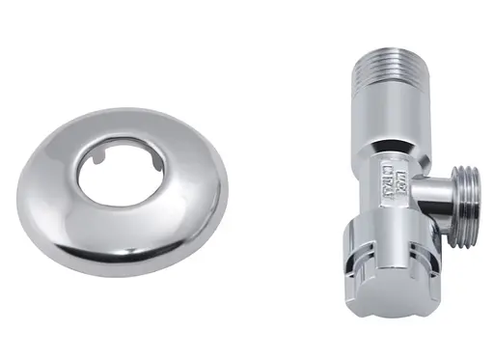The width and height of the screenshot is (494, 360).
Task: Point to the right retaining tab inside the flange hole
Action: point(144,152)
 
